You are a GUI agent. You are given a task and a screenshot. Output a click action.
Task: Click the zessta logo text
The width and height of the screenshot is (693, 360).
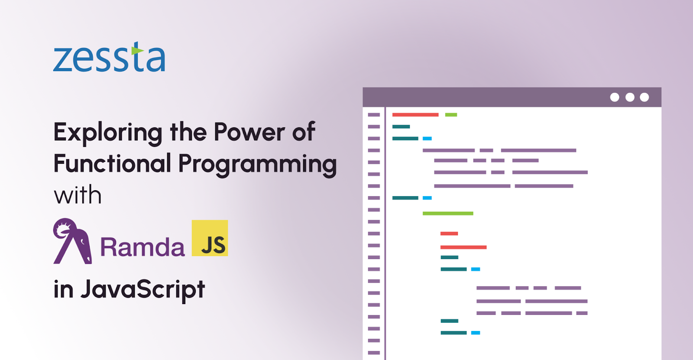(x=109, y=57)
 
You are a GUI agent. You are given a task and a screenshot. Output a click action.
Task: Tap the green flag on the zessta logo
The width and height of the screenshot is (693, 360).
(x=137, y=50)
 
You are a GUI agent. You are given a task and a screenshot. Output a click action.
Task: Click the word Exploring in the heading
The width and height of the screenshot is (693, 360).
(x=108, y=133)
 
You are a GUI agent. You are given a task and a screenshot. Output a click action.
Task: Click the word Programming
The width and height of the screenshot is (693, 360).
(x=257, y=165)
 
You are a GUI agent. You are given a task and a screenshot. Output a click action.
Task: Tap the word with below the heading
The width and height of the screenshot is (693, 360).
(x=78, y=195)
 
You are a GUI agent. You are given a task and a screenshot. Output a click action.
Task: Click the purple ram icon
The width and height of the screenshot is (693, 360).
(x=72, y=241)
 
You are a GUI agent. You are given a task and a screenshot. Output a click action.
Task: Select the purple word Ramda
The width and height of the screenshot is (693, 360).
(x=142, y=246)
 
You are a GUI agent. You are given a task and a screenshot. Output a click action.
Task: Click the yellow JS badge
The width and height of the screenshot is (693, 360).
(x=210, y=238)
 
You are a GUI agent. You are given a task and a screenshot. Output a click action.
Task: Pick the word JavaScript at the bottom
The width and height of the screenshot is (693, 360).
(x=142, y=289)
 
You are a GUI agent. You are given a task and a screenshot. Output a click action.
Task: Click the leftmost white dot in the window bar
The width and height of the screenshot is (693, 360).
(x=615, y=97)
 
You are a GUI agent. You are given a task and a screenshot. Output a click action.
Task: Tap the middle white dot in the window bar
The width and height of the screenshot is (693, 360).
(x=630, y=97)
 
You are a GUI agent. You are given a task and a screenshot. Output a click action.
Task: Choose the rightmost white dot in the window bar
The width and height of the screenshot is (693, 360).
(x=644, y=97)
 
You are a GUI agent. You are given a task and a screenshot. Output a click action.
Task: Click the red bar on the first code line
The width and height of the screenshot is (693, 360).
(x=415, y=115)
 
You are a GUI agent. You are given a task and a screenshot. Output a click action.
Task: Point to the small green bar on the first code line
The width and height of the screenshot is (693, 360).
(x=451, y=115)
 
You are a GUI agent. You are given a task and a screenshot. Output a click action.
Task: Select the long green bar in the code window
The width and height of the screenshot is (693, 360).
(x=448, y=213)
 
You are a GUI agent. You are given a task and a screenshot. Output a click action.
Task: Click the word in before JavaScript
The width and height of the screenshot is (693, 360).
(x=63, y=289)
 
